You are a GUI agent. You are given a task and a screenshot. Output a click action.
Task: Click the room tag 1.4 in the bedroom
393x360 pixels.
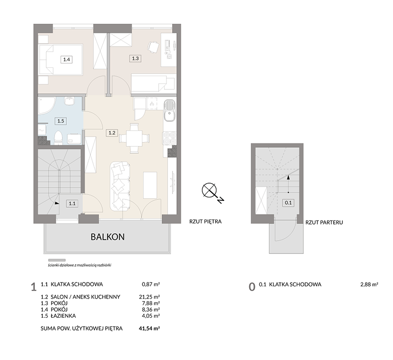pos(66,59)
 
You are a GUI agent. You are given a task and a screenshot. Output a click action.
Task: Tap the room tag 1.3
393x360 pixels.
pos(135,58)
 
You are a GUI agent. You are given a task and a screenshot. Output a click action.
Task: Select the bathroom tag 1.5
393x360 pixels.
pos(60,121)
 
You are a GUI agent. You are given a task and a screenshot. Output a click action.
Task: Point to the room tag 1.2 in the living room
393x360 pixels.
pos(112,133)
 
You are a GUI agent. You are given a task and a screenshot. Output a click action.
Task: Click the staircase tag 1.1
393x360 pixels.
pos(72,203)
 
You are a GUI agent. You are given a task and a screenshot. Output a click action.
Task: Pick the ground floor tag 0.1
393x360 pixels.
pos(288,202)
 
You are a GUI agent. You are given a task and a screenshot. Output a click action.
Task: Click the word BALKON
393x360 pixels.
pos(108,237)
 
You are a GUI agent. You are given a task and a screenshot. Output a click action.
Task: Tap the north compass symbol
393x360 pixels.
pos(212,192)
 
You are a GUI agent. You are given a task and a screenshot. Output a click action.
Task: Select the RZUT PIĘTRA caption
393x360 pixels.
pos(205,222)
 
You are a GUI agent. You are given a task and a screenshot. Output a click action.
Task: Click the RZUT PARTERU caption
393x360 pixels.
pos(324,222)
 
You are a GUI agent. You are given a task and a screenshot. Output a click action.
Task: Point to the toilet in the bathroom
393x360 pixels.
pos(58,138)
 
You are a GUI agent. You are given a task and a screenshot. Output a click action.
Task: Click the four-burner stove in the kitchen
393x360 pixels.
pos(169,138)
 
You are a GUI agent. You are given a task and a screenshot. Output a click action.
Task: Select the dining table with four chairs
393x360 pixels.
pos(134,138)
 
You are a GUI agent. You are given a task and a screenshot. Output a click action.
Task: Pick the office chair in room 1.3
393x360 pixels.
pos(153,47)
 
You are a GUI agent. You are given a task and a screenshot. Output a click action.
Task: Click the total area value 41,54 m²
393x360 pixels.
pos(149,328)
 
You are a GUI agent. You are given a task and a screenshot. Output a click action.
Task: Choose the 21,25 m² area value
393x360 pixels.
pos(149,297)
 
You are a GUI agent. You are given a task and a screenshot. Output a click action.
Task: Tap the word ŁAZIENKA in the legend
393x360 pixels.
pos(63,316)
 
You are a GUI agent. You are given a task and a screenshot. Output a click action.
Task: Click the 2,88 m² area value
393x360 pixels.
pos(369,284)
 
